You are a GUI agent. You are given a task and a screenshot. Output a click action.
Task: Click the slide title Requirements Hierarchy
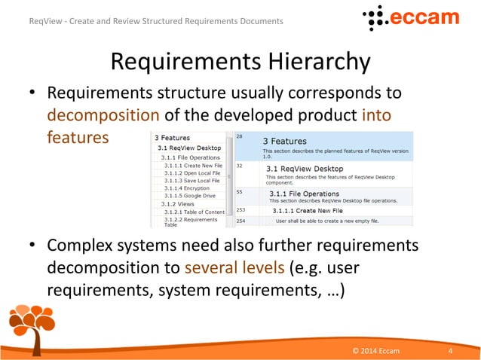tap(240, 61)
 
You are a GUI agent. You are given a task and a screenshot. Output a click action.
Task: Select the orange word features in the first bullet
tap(78, 138)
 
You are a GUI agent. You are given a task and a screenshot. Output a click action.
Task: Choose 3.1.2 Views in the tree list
tap(177, 203)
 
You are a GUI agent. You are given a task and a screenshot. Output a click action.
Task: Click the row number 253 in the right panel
tap(241, 211)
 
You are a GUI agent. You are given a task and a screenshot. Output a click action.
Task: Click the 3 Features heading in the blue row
tap(284, 141)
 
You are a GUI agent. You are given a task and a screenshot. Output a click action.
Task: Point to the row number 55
tap(240, 192)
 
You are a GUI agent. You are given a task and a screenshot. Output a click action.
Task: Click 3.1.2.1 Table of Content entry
tap(195, 212)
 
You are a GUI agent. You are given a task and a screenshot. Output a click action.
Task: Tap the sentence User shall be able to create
tap(327, 221)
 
